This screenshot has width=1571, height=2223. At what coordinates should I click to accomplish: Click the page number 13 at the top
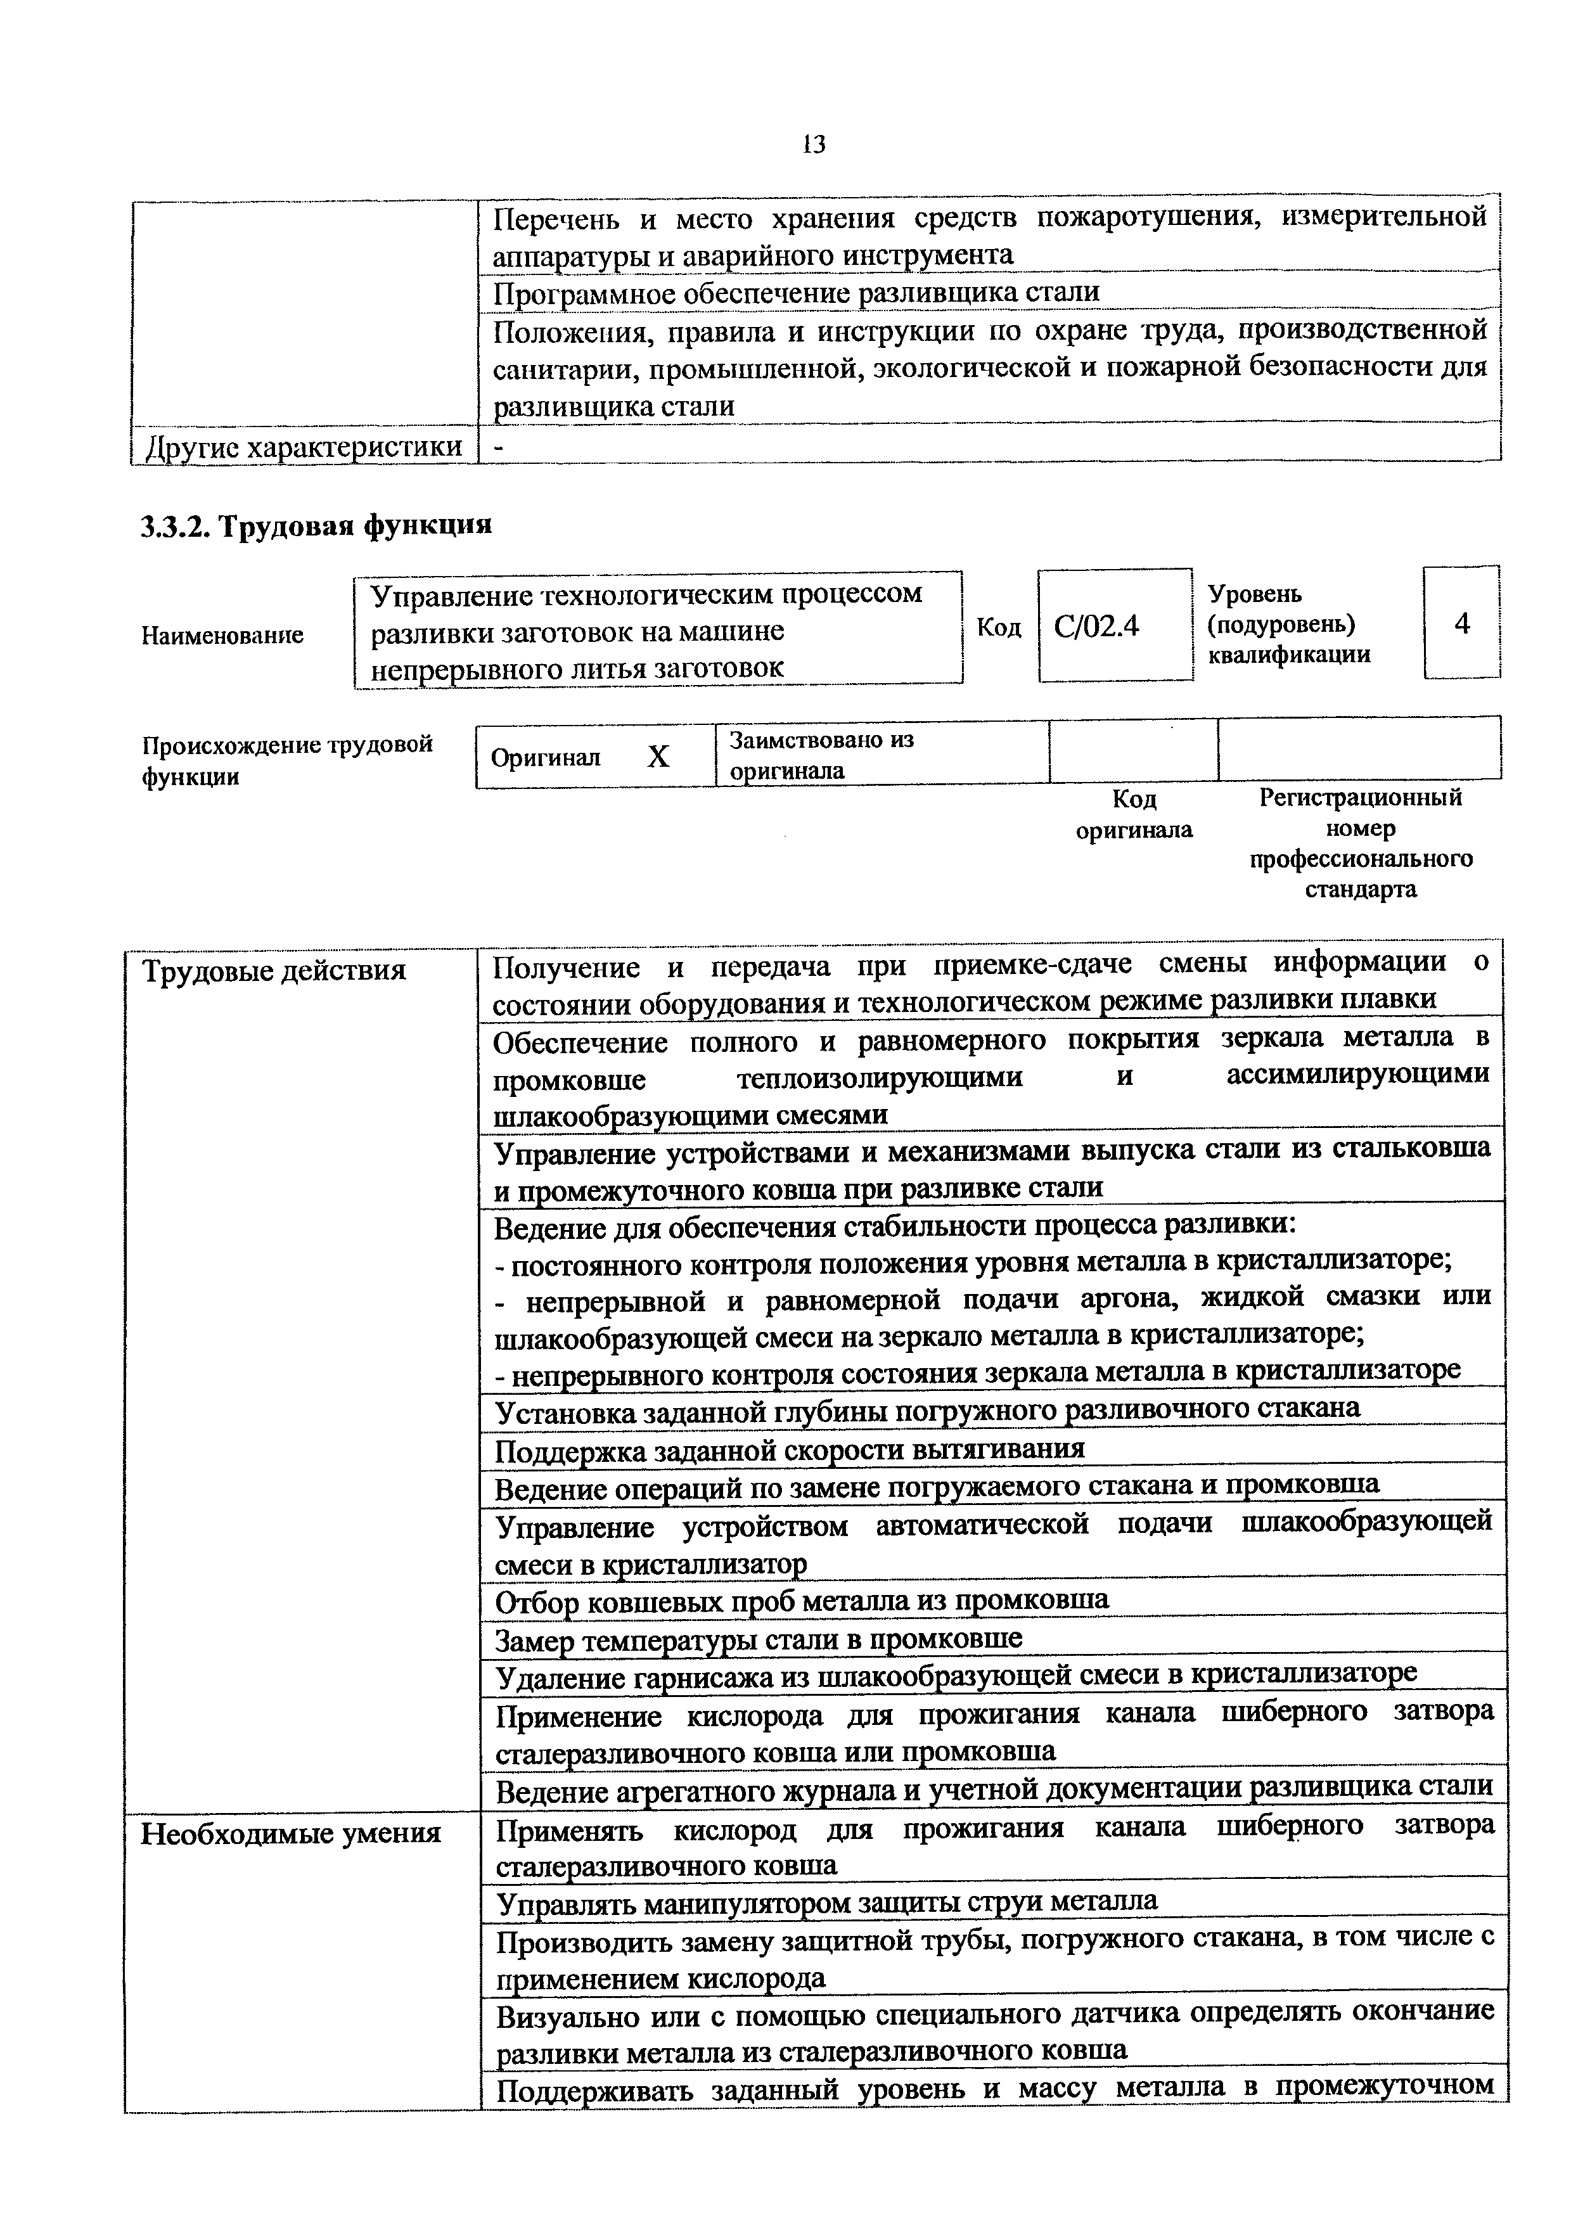813,145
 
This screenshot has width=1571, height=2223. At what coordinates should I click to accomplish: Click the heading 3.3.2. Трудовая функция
316,526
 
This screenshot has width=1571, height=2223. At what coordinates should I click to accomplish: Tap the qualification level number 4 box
1461,624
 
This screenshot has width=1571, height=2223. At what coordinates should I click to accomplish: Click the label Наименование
222,635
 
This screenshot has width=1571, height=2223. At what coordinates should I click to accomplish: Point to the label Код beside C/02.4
999,627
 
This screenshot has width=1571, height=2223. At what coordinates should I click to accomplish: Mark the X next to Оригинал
658,756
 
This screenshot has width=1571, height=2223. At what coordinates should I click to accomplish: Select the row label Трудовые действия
274,970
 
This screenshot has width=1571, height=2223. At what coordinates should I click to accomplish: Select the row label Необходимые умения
290,1833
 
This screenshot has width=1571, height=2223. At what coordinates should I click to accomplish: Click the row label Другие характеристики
303,447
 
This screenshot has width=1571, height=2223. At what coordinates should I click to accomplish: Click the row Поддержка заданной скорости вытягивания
790,1449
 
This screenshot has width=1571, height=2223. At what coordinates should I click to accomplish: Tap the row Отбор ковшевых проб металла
802,1601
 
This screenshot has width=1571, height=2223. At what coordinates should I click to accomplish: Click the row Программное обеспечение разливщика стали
797,291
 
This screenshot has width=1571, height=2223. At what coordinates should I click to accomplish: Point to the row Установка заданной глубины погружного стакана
927,1410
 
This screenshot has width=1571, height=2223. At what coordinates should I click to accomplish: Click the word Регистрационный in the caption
1360,798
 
